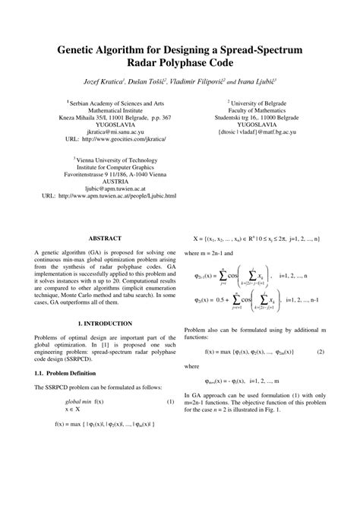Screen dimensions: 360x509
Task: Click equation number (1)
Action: point(170,401)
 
